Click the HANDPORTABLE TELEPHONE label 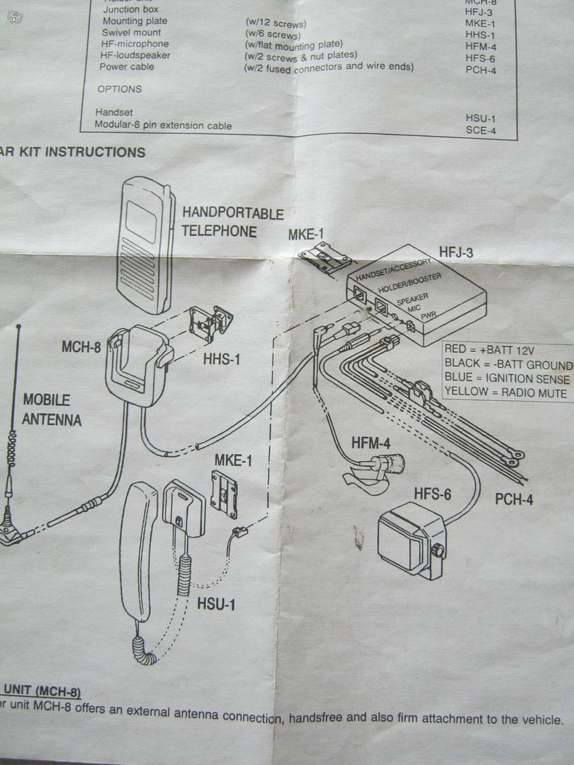click(232, 222)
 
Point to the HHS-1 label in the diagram click(223, 360)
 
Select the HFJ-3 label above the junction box click(456, 251)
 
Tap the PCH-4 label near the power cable click(514, 500)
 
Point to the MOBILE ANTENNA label click(52, 409)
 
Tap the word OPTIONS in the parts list click(119, 89)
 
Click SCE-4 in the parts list click(480, 130)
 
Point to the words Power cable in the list click(126, 67)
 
